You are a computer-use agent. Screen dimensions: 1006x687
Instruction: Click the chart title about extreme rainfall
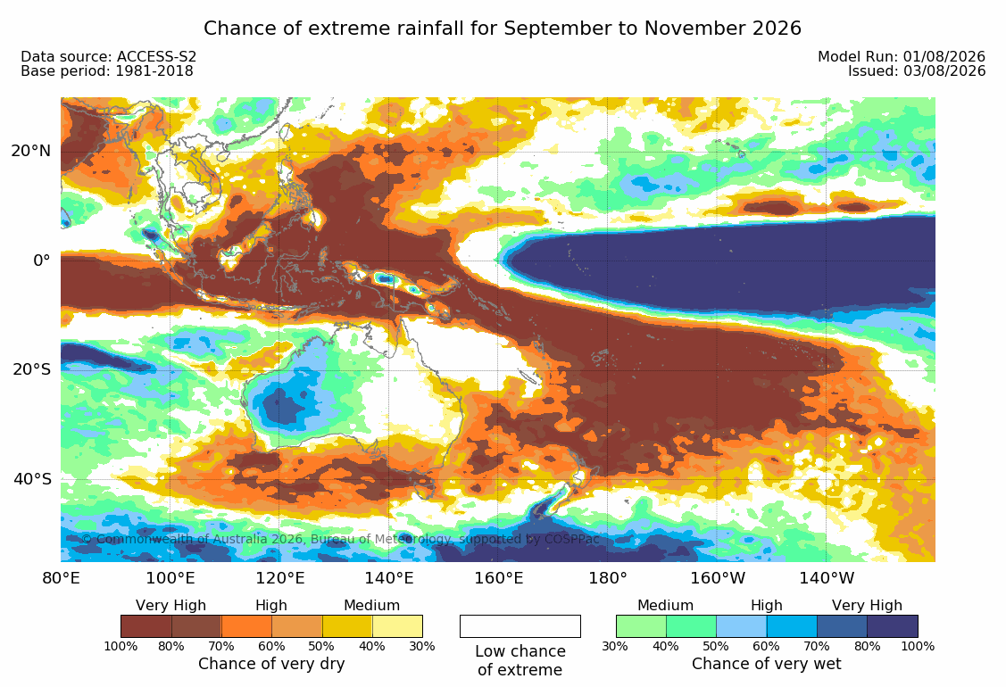(503, 29)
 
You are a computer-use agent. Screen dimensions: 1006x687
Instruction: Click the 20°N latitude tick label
(30, 151)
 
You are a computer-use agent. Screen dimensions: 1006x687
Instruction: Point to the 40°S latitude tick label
(31, 479)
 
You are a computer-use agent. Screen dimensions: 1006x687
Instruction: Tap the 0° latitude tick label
(42, 261)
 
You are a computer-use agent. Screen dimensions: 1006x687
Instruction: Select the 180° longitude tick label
(608, 578)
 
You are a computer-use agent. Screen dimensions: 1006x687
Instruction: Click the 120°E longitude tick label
(279, 578)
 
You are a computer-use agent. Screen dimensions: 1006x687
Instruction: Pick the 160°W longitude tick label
(718, 578)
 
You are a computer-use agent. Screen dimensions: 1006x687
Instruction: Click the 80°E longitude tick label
(61, 578)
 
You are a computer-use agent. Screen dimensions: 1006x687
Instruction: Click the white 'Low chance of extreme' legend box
(520, 626)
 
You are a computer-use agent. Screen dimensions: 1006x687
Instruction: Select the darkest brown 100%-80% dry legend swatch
(146, 626)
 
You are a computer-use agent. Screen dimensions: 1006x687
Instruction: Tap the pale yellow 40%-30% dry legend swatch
(397, 626)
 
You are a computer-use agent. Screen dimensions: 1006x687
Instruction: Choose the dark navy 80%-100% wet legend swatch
(893, 626)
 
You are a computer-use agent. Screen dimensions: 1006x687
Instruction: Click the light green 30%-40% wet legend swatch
(641, 626)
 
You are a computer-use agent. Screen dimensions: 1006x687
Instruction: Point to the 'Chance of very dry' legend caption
(271, 664)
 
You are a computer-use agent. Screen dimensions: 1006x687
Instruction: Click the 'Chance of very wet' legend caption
(766, 664)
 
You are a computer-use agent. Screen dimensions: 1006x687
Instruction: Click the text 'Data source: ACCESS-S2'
(108, 56)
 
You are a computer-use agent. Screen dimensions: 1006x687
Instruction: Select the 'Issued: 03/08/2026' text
(917, 71)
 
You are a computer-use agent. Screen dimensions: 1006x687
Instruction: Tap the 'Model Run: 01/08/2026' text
(902, 56)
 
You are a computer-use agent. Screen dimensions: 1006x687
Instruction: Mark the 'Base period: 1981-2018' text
(107, 71)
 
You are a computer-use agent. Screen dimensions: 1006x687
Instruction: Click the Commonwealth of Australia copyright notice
(341, 539)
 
